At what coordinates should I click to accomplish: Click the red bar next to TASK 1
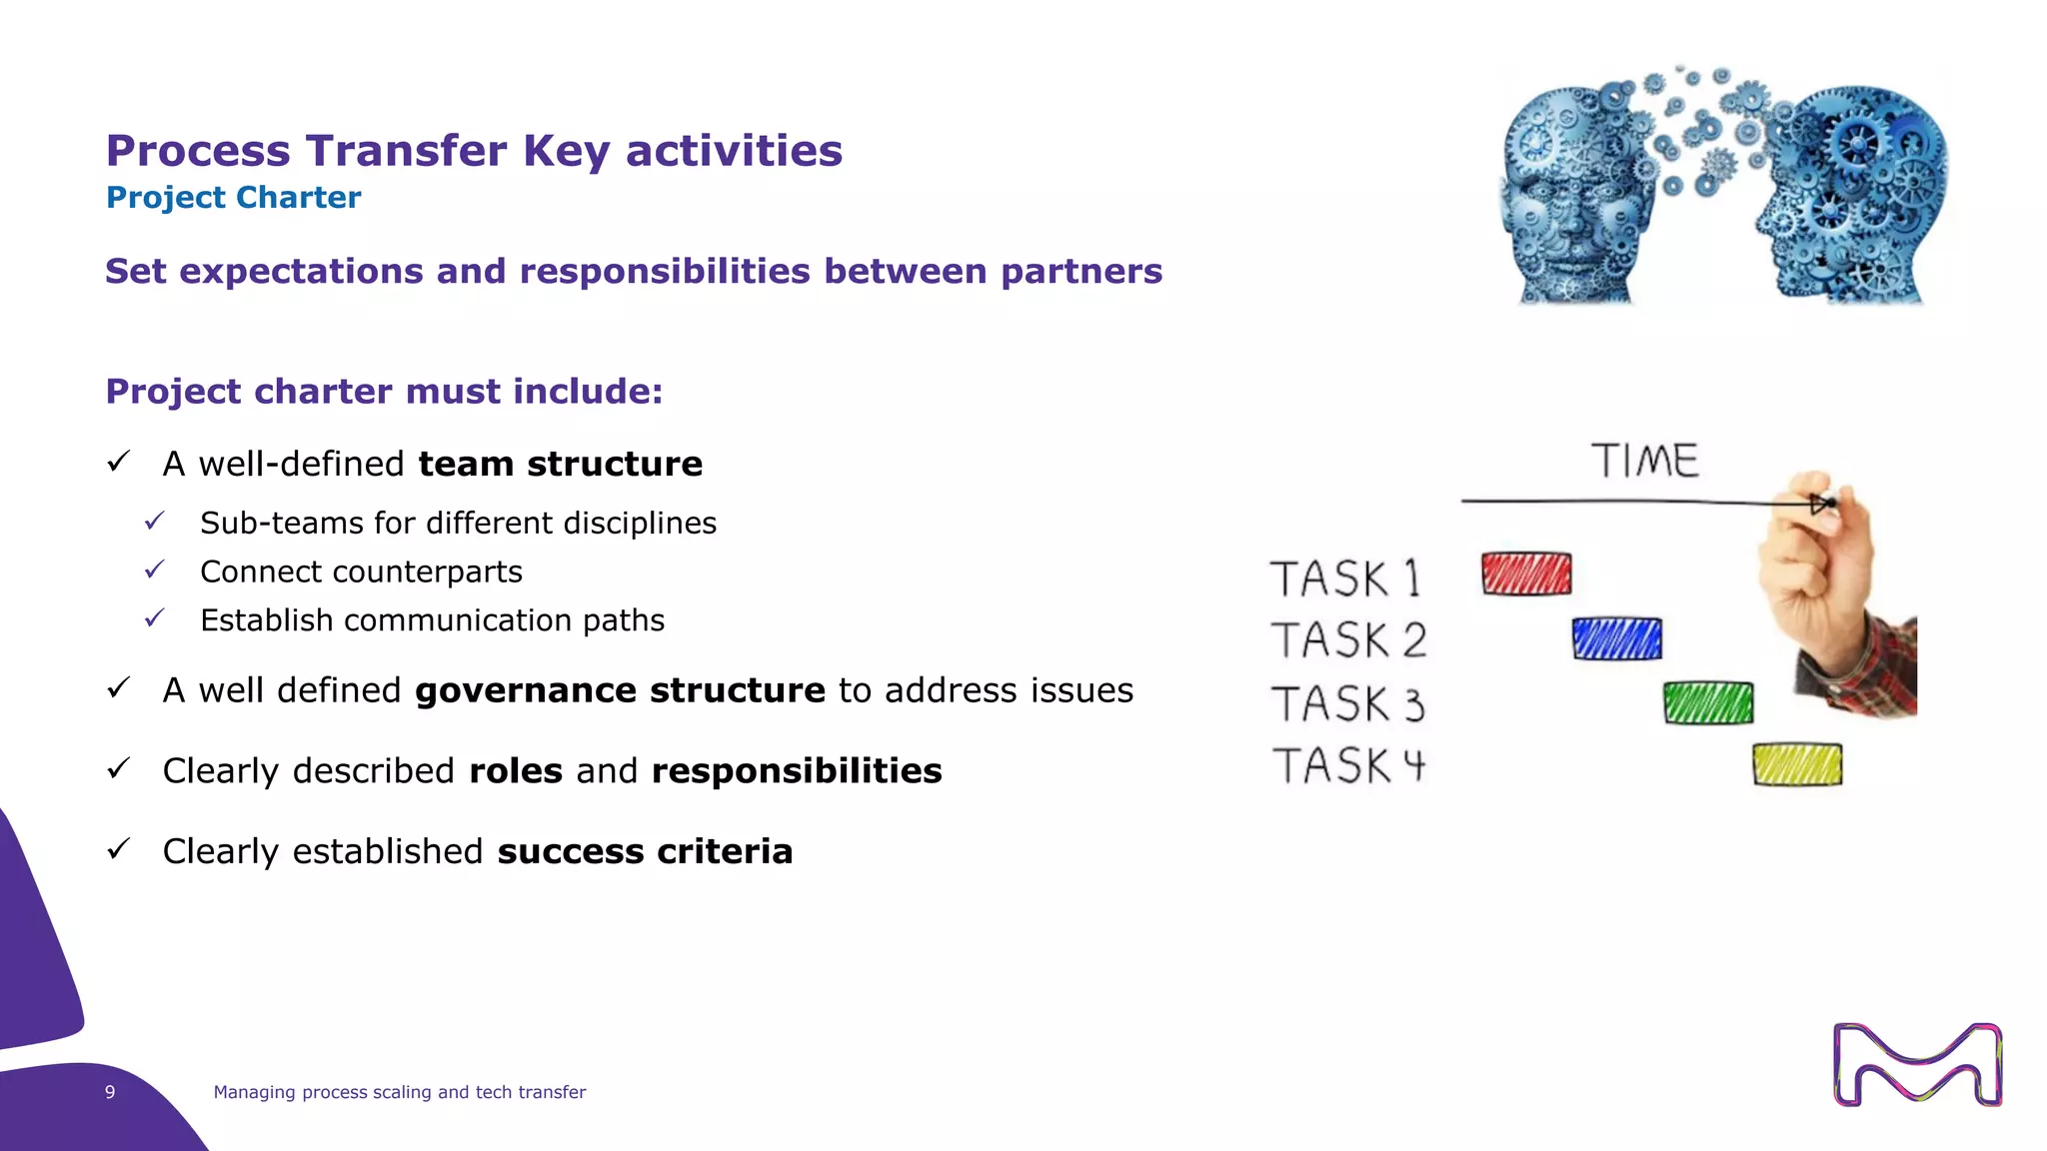(x=1526, y=574)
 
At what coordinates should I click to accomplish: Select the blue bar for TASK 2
(x=1616, y=638)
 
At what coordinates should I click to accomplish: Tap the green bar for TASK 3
(x=1707, y=703)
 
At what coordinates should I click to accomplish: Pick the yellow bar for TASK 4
(x=1796, y=765)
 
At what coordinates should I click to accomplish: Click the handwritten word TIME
(x=1644, y=462)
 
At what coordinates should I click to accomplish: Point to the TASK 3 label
(x=1347, y=703)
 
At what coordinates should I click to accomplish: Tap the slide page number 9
(x=110, y=1092)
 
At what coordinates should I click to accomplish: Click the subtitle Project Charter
(x=233, y=198)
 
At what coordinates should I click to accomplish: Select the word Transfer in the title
(x=407, y=151)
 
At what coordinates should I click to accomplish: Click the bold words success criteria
(x=645, y=851)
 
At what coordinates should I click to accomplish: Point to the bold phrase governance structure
(x=620, y=690)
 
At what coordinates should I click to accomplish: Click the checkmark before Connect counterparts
(x=155, y=571)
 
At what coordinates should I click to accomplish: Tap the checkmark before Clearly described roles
(x=119, y=768)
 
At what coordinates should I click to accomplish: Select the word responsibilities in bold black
(x=796, y=770)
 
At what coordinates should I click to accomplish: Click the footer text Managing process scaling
(x=399, y=1092)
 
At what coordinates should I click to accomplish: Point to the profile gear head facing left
(x=1854, y=195)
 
